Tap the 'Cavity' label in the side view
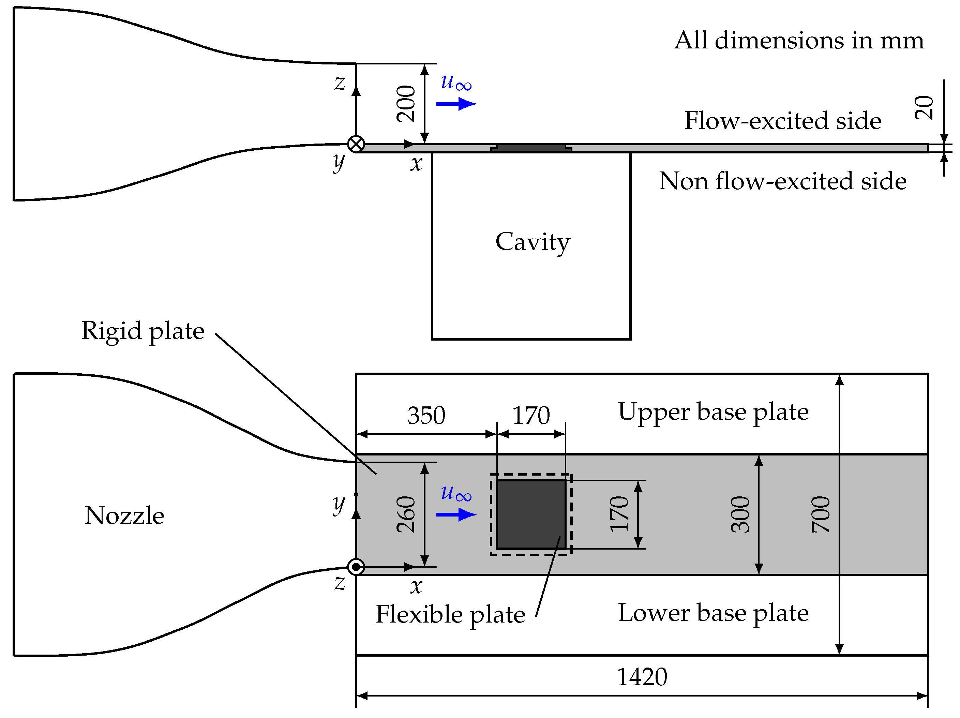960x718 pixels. [x=532, y=242]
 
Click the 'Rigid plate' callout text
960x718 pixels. [x=142, y=331]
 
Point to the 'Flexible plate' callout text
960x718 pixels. [x=450, y=615]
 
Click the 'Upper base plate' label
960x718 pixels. [x=713, y=412]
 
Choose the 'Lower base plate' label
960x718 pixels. [x=713, y=613]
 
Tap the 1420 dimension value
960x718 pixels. [x=642, y=677]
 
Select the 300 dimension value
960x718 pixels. [x=740, y=515]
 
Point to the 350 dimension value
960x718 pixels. [x=426, y=416]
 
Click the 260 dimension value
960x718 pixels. [x=406, y=515]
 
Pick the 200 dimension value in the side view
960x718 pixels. [x=406, y=104]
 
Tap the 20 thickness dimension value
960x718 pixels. [x=923, y=108]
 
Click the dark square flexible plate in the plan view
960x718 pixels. [x=531, y=514]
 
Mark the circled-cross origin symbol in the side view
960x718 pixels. [x=356, y=144]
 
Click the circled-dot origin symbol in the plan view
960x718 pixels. [x=356, y=567]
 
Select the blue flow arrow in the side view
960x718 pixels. [x=456, y=104]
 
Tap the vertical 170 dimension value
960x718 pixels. [x=618, y=514]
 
